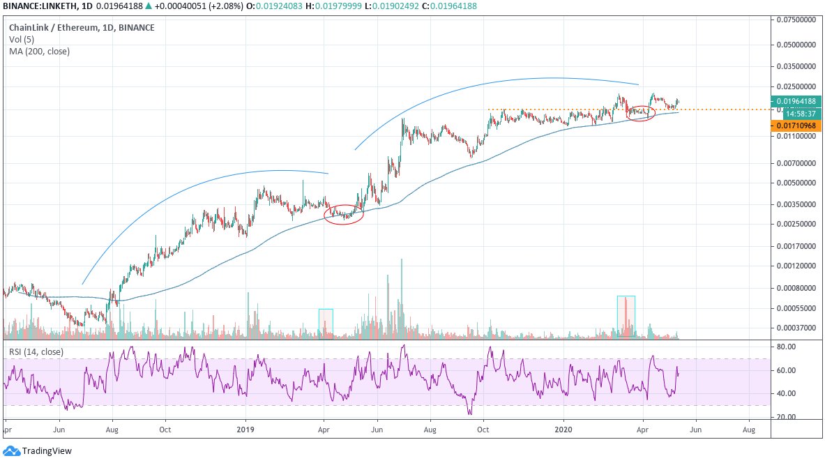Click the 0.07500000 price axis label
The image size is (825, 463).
(x=797, y=20)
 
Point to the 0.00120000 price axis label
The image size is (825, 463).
(x=797, y=266)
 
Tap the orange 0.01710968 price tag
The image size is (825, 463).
(x=796, y=126)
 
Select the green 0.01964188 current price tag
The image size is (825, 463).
(x=796, y=101)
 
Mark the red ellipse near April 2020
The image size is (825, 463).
(x=641, y=113)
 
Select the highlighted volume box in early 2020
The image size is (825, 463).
(x=626, y=317)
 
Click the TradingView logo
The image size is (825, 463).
(x=38, y=451)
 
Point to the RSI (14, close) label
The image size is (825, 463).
(x=36, y=352)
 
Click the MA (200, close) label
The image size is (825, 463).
(x=39, y=51)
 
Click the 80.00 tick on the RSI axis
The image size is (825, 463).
(x=786, y=347)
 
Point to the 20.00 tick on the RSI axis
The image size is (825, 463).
(x=786, y=417)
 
